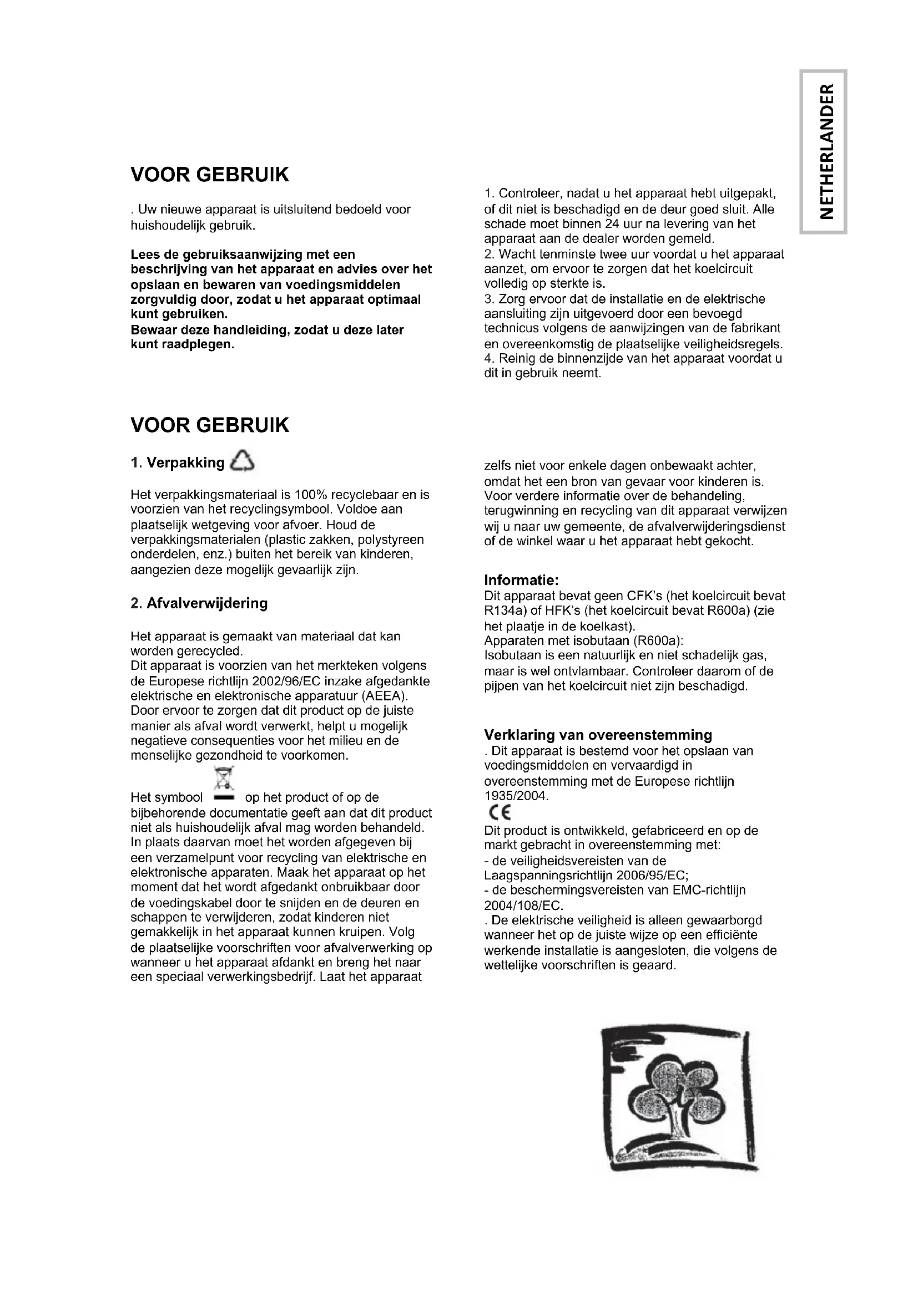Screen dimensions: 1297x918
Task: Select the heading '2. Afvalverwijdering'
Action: (x=199, y=603)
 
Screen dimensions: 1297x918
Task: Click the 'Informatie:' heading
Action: (x=521, y=580)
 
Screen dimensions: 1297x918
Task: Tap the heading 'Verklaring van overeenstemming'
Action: (x=598, y=735)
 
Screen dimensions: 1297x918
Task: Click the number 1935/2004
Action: (x=516, y=796)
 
